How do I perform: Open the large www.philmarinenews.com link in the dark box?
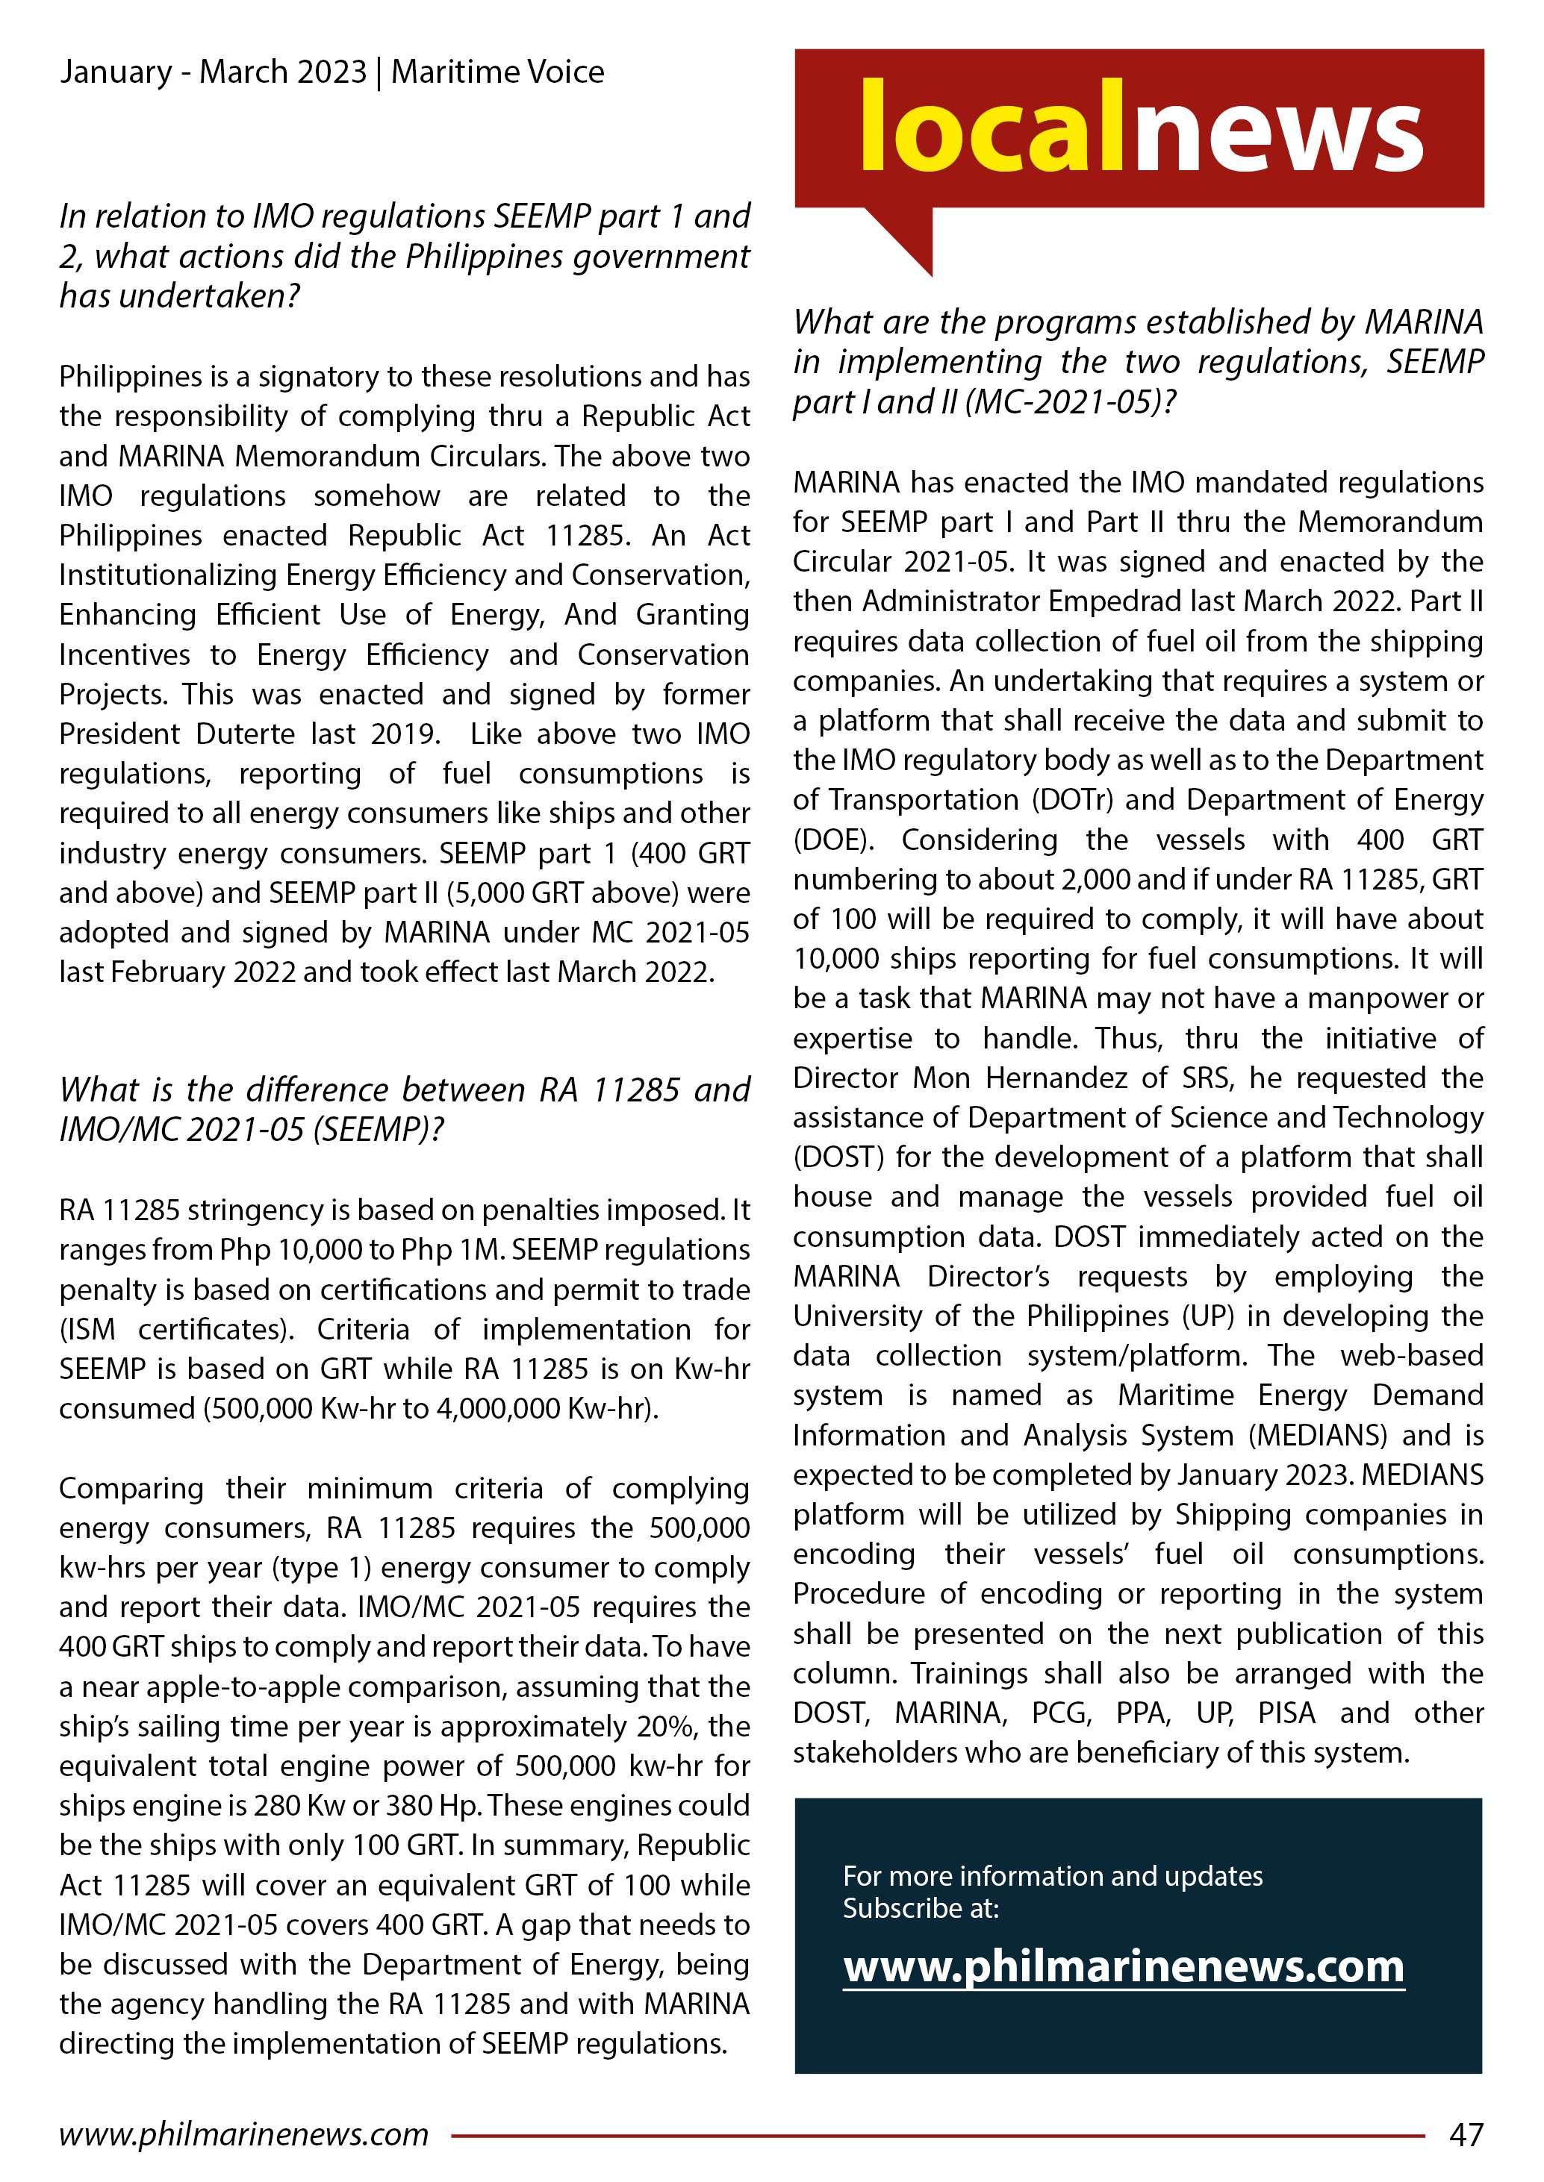click(1123, 1966)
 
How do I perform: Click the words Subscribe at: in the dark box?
click(921, 1907)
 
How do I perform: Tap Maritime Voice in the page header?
click(497, 72)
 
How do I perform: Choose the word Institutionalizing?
click(169, 575)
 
